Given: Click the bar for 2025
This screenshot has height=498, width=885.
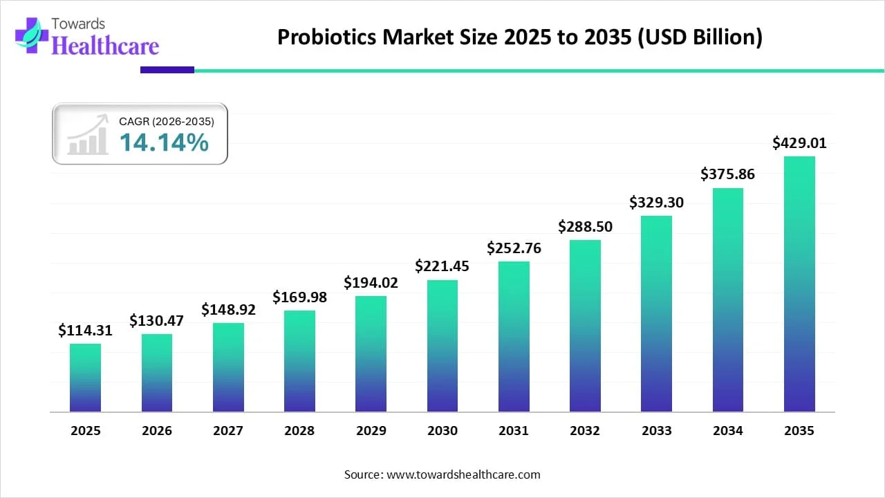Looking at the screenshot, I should point(85,378).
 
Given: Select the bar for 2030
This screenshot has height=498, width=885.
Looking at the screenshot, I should point(442,346).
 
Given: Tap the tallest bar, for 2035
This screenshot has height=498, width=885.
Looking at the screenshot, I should point(799,284).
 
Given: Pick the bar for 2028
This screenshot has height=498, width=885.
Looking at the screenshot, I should point(299,361).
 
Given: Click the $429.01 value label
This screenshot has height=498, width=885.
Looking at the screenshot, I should point(799,143).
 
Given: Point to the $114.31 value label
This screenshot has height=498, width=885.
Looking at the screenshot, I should point(85,331).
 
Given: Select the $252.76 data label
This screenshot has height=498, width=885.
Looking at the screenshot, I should point(514,248).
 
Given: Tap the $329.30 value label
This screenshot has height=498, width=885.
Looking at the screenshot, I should point(656,202).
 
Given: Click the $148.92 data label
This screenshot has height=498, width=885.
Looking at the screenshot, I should point(228,310).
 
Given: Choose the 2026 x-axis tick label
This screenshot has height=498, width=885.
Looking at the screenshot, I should point(157,431).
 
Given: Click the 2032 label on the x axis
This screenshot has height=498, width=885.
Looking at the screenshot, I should point(585,431).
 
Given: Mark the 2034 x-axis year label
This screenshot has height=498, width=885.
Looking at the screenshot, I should point(728,431).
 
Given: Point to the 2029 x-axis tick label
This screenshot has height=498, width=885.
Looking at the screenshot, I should point(371,431).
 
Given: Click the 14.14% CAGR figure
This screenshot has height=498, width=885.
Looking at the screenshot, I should point(164,142).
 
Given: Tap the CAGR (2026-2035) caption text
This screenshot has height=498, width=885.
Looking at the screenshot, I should point(167,121).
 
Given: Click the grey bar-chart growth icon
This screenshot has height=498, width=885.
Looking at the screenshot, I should point(88,135).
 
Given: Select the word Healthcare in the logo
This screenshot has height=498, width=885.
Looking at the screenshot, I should point(106,46).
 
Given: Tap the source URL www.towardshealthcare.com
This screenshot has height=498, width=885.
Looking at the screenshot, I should point(462,474).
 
